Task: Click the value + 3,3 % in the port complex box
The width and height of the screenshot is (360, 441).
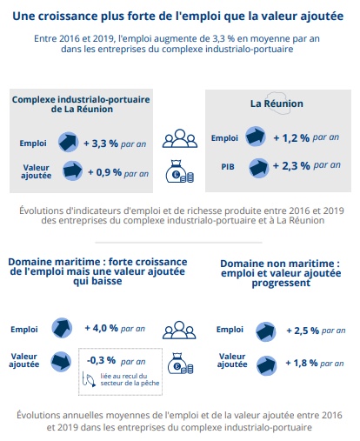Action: [101, 144]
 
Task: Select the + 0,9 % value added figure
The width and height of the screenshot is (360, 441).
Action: [105, 172]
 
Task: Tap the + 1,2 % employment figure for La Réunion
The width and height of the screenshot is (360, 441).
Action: [291, 138]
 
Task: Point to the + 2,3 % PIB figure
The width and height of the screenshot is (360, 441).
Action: [291, 166]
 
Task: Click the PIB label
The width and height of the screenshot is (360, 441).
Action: [228, 167]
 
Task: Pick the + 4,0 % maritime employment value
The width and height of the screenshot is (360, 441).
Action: [102, 328]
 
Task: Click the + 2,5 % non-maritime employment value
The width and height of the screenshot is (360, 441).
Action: [303, 331]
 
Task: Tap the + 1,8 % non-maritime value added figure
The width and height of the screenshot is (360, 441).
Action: [302, 363]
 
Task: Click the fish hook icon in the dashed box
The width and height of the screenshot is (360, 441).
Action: [89, 379]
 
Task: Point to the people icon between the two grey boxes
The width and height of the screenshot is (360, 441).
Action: [180, 138]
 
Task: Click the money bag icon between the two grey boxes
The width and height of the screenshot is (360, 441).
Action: [180, 171]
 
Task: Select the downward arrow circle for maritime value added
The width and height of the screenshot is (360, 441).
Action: [61, 362]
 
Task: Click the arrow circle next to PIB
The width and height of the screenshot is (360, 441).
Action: [259, 168]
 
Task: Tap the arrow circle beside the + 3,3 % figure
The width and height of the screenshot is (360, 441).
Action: [69, 142]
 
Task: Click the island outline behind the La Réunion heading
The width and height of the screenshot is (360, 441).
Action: [277, 103]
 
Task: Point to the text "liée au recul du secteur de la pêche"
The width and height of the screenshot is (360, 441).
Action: [130, 379]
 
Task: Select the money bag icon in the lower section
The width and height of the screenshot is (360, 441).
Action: [181, 363]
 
